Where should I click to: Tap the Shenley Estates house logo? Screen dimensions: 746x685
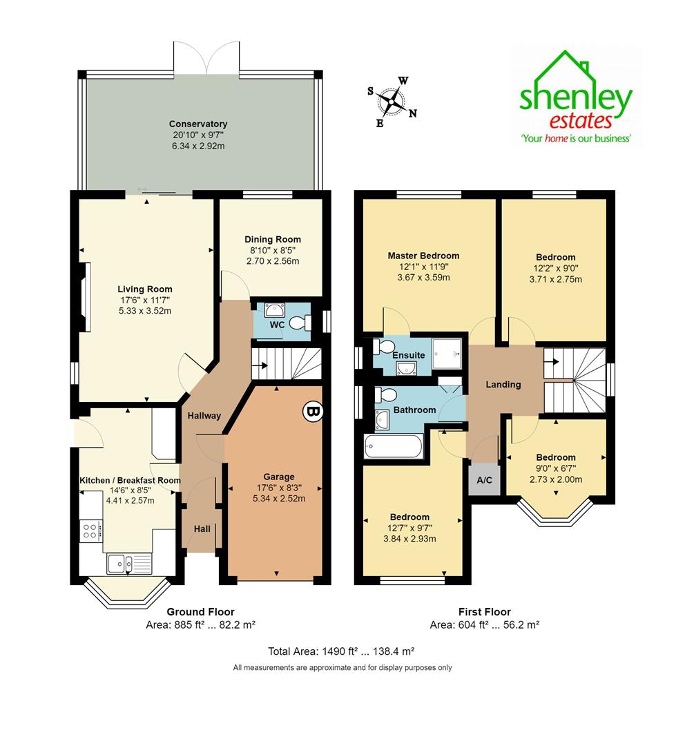pos(576,97)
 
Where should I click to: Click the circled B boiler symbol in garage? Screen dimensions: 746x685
pos(312,412)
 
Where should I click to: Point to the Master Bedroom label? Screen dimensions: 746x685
pos(423,256)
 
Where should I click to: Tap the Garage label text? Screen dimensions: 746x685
pos(279,477)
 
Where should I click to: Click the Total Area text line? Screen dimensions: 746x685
pos(341,651)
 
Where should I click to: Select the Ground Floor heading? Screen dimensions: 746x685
pos(201,611)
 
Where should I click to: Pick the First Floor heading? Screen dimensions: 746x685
pos(484,611)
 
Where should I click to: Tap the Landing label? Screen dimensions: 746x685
pos(503,385)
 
